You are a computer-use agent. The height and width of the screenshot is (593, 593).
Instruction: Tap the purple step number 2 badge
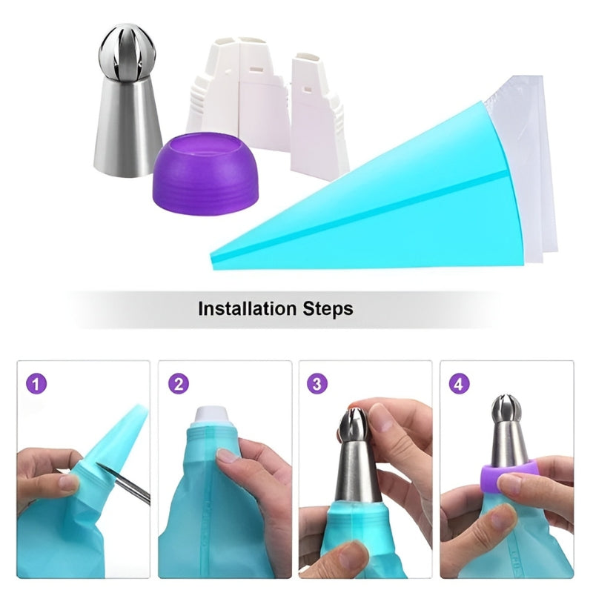[x=177, y=385]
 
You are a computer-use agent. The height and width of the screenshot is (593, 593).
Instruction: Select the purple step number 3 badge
[x=317, y=385]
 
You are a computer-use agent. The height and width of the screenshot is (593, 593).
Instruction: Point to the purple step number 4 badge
[x=460, y=385]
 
